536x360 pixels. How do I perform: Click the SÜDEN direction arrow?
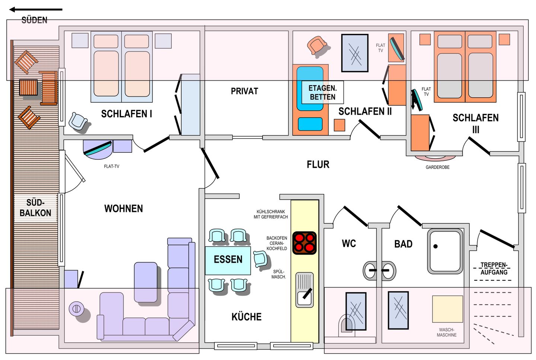[x=36, y=10]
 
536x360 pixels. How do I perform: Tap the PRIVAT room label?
[x=244, y=91]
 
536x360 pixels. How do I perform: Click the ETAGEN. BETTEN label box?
[x=323, y=92]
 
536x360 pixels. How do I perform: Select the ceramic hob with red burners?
[x=304, y=243]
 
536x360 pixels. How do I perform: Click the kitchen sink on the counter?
[x=304, y=290]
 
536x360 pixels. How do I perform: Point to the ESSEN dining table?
[x=228, y=261]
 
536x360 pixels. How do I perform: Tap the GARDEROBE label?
[x=437, y=167]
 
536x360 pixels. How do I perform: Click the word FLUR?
[x=318, y=165]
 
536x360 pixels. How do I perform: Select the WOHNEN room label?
[x=124, y=208]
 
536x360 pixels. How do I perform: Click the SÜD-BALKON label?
[x=35, y=208]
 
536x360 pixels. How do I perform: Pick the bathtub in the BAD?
[x=445, y=251]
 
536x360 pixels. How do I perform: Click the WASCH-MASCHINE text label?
[x=447, y=332]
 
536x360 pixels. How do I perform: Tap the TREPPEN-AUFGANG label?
[x=494, y=268]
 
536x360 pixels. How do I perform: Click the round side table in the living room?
[x=76, y=309]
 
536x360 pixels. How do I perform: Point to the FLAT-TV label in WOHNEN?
[x=112, y=166]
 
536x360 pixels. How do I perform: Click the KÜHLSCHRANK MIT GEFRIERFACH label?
[x=271, y=214]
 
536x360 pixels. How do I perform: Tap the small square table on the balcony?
[x=28, y=87]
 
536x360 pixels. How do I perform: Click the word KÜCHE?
[x=246, y=317]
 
